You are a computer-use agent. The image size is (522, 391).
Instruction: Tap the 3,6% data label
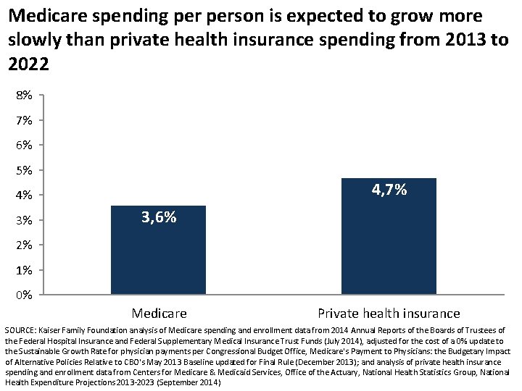click(158, 217)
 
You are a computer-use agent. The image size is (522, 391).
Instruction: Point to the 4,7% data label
click(389, 190)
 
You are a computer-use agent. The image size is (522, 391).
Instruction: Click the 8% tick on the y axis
click(23, 95)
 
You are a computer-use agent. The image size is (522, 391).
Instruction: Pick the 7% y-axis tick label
click(23, 120)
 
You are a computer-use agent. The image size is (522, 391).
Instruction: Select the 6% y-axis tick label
click(23, 145)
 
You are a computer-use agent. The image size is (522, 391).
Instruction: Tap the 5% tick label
click(23, 170)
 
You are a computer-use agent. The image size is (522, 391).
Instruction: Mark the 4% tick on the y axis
click(23, 195)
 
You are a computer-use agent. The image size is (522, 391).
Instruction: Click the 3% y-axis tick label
click(23, 220)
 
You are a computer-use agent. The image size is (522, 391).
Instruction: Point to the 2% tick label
click(23, 245)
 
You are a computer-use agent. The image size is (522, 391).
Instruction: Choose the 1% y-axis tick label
click(23, 270)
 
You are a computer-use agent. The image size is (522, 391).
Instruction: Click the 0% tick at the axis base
click(23, 295)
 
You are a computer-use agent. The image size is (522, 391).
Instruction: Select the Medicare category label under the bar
click(159, 314)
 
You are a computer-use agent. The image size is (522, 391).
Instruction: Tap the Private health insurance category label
click(389, 314)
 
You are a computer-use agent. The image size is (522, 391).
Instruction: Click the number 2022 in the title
click(29, 64)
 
